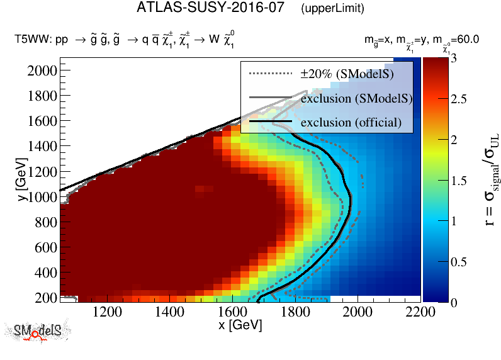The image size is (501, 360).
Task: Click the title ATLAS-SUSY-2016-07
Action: pyautogui.click(x=211, y=8)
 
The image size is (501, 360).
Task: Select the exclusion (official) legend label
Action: pyautogui.click(x=351, y=122)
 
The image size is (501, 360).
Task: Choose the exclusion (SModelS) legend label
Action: pyautogui.click(x=356, y=98)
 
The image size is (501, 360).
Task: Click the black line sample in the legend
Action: pyautogui.click(x=271, y=121)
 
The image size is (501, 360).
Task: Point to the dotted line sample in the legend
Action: pyautogui.click(x=271, y=74)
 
